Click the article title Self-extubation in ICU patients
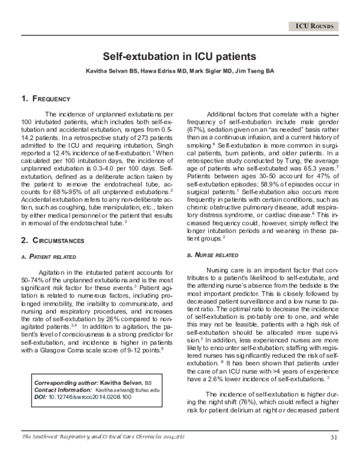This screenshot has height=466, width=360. [180, 57]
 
